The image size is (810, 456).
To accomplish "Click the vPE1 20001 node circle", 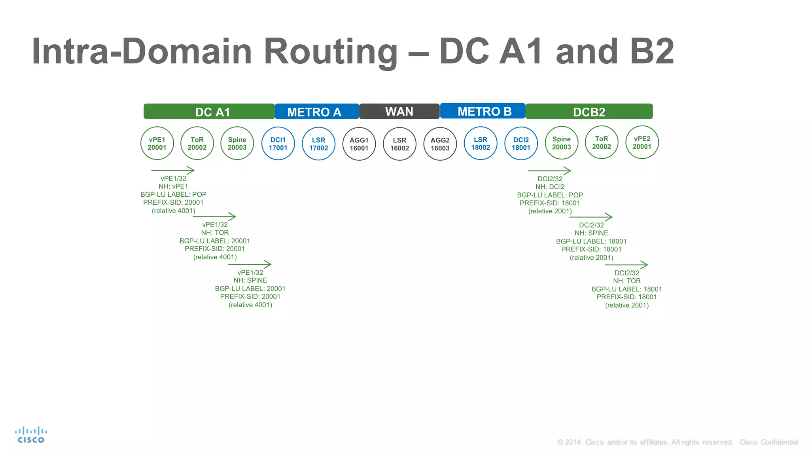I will tap(157, 143).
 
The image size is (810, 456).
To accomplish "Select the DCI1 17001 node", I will tap(278, 144).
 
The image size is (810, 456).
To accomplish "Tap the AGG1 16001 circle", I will tap(359, 144).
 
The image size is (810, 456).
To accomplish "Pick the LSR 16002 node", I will tap(399, 144).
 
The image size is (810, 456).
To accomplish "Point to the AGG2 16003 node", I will tap(440, 144).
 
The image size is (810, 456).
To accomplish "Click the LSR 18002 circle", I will tap(481, 143).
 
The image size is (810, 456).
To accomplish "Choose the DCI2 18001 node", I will tap(521, 144).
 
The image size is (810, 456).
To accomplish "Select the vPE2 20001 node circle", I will tap(642, 142).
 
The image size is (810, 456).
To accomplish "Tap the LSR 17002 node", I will tap(318, 144).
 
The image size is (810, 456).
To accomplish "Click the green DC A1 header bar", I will tap(209, 112).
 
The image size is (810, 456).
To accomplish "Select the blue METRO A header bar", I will tap(316, 112).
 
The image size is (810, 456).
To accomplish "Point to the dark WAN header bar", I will tap(399, 111).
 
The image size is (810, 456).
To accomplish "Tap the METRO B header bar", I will tap(483, 111).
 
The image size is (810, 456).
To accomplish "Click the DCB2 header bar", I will tap(589, 112).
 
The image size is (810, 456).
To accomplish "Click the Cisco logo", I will tap(31, 435).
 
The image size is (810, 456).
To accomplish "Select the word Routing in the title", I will tap(331, 51).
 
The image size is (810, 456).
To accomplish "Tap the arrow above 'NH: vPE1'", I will tap(173, 170).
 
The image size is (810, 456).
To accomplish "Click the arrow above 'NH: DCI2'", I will tap(549, 171).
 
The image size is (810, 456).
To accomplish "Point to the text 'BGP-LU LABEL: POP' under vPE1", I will tap(173, 194).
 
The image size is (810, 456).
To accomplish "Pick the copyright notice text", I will tap(677, 442).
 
